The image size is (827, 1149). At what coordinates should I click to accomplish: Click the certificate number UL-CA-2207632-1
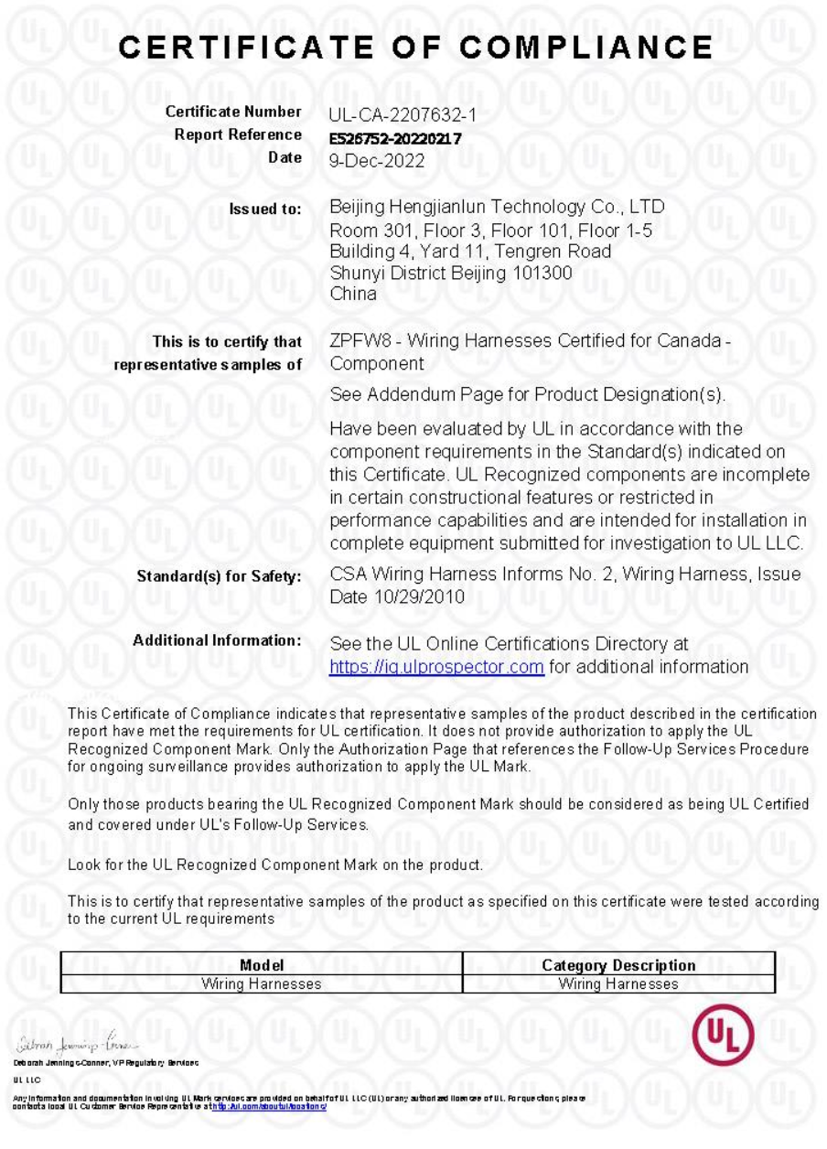403,115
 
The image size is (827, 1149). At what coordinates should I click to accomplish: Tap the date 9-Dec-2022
376,161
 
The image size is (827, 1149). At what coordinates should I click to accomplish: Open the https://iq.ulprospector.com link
436,667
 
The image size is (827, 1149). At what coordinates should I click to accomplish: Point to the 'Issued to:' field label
265,209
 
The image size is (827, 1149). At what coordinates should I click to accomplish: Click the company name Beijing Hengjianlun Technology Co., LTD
497,207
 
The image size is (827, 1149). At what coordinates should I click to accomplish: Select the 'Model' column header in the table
262,965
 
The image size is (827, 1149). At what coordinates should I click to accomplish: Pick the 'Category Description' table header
618,965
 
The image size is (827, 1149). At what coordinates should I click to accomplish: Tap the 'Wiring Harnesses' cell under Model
262,984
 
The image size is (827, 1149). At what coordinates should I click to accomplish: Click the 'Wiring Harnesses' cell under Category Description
618,984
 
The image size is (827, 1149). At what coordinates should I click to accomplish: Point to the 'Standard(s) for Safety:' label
219,577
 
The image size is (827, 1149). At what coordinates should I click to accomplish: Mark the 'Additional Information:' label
217,640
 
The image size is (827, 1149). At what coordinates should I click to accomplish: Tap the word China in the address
352,295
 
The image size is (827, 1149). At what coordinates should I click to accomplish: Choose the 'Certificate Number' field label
233,113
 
